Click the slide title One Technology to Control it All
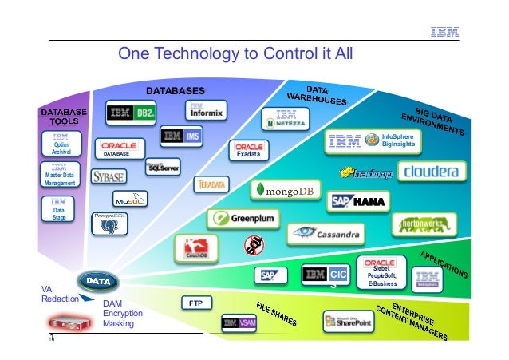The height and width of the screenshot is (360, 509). point(235,53)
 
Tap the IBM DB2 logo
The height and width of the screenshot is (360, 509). point(132,113)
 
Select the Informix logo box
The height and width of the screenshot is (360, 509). point(206,109)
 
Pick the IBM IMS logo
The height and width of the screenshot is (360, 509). point(181,136)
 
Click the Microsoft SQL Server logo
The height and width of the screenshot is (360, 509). point(163,168)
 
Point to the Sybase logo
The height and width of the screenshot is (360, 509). point(108,176)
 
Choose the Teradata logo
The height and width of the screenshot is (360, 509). point(212,184)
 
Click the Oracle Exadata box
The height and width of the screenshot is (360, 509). point(250,149)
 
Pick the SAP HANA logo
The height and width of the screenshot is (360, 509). point(358,201)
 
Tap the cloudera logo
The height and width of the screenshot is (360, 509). point(430,172)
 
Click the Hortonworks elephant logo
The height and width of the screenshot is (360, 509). point(424,224)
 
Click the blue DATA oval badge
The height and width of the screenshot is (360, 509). point(99,282)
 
